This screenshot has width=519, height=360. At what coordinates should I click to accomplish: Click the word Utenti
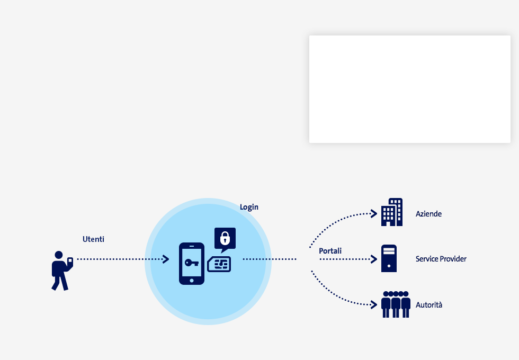[93, 239]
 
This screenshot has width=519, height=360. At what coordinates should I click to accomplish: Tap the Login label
[249, 207]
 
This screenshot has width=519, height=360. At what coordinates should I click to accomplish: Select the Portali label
[330, 251]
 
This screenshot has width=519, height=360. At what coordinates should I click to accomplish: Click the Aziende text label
[428, 214]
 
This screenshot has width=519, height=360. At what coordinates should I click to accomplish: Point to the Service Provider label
[441, 259]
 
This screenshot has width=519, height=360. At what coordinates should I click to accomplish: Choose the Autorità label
[429, 305]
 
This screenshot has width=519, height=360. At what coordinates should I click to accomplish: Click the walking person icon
[62, 271]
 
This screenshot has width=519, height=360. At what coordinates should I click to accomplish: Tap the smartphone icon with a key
[192, 264]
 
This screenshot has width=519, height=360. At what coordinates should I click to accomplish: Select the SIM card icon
[219, 264]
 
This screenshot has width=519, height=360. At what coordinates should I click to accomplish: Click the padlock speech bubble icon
[225, 239]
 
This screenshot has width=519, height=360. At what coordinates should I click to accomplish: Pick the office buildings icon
[392, 212]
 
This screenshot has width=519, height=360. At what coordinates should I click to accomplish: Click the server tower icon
[389, 258]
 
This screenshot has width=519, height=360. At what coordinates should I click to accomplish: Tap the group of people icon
[396, 304]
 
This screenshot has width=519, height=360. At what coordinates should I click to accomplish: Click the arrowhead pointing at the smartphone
[166, 259]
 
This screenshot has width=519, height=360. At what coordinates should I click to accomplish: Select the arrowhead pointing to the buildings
[374, 214]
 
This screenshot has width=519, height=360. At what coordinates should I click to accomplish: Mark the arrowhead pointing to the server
[374, 259]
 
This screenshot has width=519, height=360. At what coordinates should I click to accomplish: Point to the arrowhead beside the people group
[374, 305]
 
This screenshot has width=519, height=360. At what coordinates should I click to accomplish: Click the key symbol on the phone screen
[192, 263]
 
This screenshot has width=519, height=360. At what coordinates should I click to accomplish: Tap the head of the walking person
[59, 255]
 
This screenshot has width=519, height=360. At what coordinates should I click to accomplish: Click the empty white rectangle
[410, 89]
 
